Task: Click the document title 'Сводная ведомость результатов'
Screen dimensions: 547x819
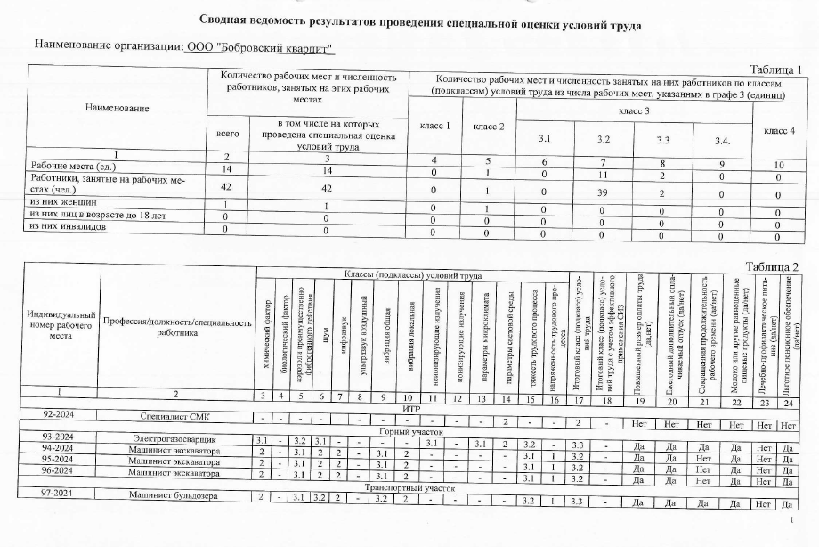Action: pos(409,20)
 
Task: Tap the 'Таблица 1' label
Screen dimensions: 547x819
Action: pos(774,69)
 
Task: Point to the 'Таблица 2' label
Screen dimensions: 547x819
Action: pos(771,266)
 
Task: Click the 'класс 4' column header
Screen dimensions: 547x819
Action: pos(779,132)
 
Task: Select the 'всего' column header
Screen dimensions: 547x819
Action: pos(228,132)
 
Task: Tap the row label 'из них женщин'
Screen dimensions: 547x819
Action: pos(63,203)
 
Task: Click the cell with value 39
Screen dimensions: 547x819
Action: pos(604,192)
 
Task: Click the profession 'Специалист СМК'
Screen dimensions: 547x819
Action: pos(175,416)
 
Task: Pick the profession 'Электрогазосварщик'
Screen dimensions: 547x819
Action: pos(175,438)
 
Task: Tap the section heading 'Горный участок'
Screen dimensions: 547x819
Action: pos(406,429)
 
